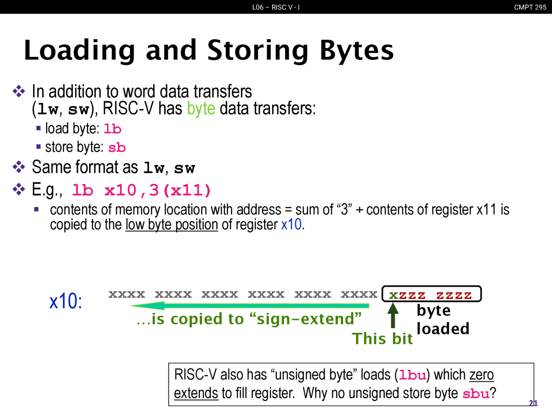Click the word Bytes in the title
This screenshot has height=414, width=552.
(x=357, y=51)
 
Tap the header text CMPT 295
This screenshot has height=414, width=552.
(x=530, y=7)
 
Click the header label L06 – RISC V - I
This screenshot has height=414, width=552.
(x=276, y=7)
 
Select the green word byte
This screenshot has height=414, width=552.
(x=201, y=109)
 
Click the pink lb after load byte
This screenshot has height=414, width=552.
(x=113, y=129)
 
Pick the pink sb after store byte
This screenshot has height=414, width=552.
(x=117, y=147)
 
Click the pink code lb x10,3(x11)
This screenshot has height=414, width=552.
(x=141, y=190)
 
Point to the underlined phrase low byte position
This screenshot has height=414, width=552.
(x=172, y=225)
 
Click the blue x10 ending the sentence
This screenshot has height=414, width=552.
(x=291, y=224)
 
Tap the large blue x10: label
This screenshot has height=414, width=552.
(x=66, y=301)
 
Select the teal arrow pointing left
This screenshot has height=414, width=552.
(x=250, y=306)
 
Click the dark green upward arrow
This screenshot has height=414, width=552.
(x=393, y=315)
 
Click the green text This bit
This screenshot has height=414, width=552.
(x=382, y=339)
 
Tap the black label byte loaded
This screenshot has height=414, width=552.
(x=443, y=320)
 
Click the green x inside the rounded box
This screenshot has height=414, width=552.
(x=393, y=295)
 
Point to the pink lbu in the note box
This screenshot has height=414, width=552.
(x=413, y=375)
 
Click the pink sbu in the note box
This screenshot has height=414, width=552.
(x=476, y=394)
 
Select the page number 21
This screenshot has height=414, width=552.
(x=533, y=403)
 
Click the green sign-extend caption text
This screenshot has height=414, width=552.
(x=249, y=319)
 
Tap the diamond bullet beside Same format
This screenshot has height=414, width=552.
(x=19, y=167)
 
